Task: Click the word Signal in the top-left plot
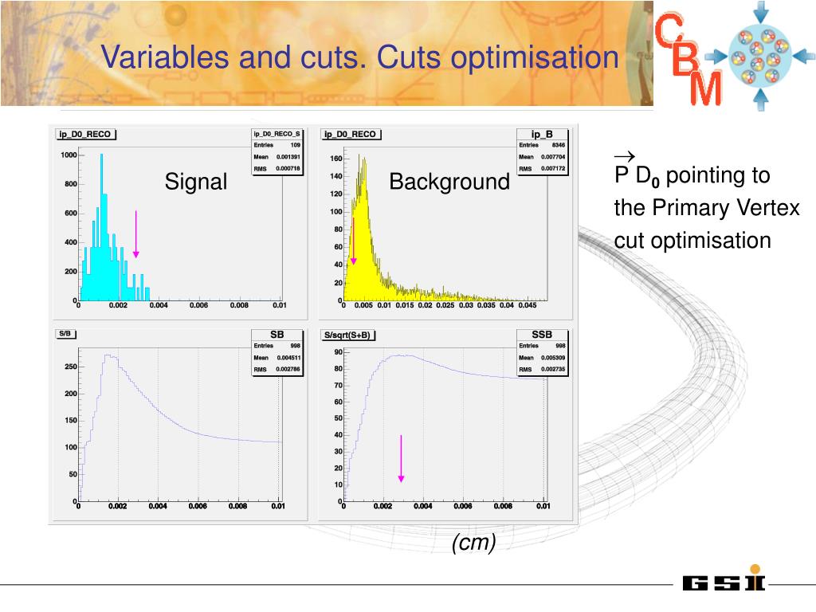196,182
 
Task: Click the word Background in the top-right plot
449,182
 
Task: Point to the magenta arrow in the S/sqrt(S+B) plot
401,458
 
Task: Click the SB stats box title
277,335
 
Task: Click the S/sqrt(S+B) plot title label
347,335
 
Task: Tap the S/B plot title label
65,335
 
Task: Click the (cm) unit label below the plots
473,543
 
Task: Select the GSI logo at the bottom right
723,583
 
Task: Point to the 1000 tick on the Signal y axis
69,155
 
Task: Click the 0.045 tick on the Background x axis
527,305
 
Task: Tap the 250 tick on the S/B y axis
70,367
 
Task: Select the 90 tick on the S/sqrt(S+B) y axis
338,352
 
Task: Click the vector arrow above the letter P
623,155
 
